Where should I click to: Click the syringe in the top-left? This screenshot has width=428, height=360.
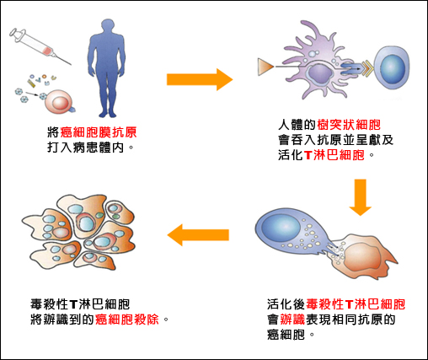click(40, 46)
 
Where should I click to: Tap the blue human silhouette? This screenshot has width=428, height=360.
click(106, 68)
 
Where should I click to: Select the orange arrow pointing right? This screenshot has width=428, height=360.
click(200, 79)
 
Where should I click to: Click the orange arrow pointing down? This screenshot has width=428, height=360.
click(361, 197)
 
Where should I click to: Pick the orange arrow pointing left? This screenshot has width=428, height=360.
click(198, 235)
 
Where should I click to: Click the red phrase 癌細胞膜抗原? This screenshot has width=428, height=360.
click(99, 132)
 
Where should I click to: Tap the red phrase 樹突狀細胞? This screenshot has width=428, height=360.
click(349, 125)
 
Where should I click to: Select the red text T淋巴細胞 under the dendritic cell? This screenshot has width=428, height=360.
click(334, 155)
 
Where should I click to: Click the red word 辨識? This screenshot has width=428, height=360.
click(292, 320)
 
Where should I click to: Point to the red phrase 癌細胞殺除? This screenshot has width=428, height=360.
click(127, 320)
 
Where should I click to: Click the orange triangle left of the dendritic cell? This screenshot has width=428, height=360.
click(265, 67)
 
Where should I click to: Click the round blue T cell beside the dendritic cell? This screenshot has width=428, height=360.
click(392, 67)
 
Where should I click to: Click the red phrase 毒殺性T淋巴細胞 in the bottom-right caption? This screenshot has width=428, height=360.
click(356, 304)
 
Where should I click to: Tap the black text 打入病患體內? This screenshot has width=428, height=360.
click(85, 148)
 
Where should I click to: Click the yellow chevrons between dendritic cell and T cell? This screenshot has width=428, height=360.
click(366, 69)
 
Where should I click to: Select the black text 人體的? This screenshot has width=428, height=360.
click(297, 125)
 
